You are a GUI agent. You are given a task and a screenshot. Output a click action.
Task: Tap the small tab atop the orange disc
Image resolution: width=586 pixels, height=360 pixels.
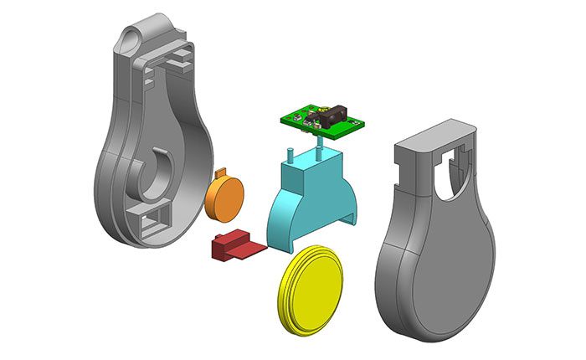pos(223,173)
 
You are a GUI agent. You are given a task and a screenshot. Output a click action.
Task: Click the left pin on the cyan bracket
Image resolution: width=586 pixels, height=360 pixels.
pos(289,155)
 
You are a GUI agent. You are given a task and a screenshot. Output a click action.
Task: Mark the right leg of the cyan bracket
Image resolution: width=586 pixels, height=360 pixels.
pos(352,218)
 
